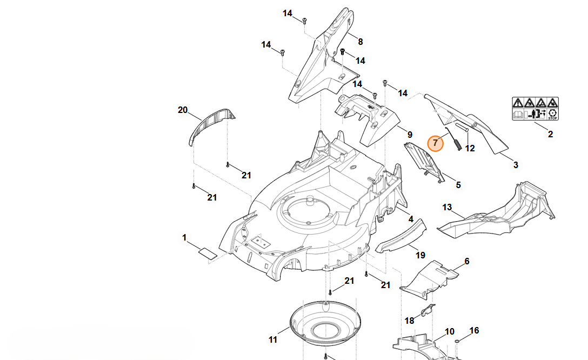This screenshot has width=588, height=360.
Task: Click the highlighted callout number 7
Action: point(436,143)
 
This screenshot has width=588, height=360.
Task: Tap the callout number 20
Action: point(183,110)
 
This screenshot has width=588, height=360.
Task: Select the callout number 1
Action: point(184,238)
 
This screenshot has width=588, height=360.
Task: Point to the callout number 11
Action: point(273,339)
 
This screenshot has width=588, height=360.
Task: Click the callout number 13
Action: point(447,208)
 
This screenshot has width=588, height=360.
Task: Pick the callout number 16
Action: point(474,330)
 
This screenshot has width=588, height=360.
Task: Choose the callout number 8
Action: point(360,42)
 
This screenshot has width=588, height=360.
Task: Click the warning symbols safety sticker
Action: point(536,109)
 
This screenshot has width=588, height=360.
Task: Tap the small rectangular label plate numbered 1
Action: point(208,253)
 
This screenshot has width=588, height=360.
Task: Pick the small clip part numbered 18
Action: point(428,310)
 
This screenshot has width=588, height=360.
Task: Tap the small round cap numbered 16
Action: point(458,341)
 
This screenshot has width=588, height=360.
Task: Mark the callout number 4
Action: point(411,219)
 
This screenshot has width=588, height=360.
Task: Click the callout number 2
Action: point(551,134)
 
